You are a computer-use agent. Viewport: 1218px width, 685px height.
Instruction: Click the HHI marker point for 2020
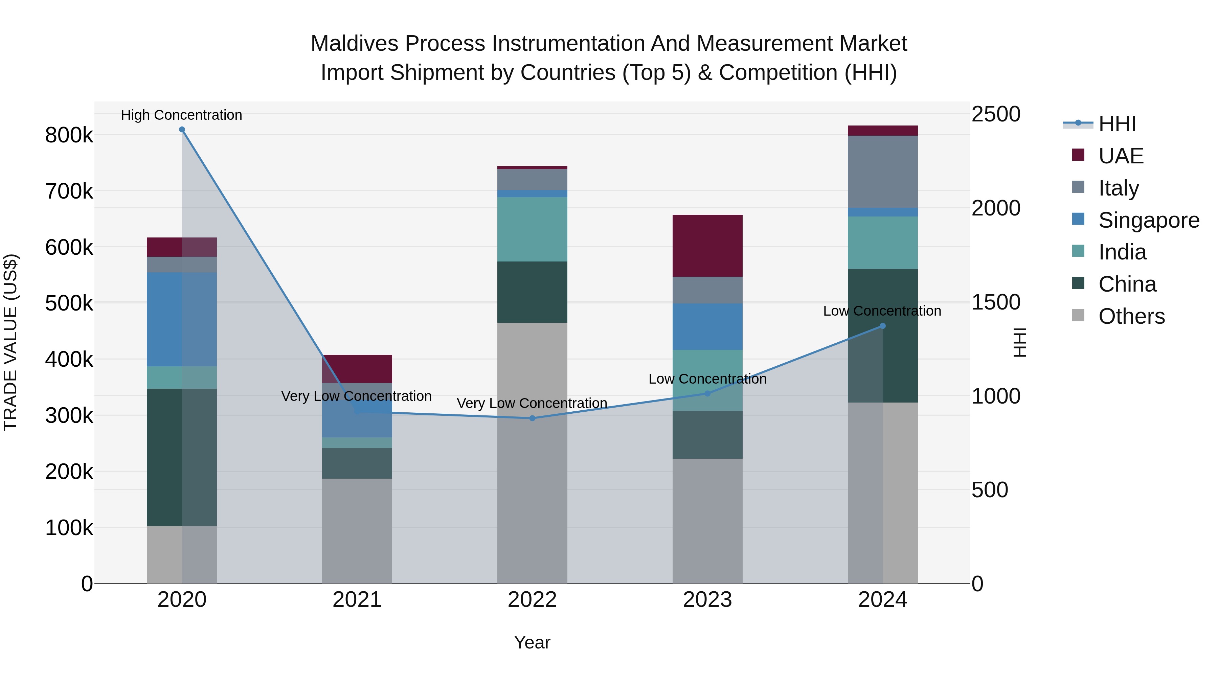point(182,130)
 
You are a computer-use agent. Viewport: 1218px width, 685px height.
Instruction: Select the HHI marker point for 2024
point(882,326)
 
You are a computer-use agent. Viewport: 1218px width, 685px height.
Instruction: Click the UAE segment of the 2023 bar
point(707,246)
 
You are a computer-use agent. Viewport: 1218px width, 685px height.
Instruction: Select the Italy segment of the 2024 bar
point(882,172)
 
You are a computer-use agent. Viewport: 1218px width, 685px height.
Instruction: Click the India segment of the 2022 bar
point(533,229)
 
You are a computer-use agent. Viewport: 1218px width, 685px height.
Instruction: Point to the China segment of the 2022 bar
point(533,292)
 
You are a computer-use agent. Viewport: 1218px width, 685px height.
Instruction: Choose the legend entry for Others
point(1131,316)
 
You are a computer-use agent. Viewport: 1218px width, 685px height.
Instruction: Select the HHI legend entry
point(1116,124)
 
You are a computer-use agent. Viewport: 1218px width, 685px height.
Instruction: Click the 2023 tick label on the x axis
point(707,600)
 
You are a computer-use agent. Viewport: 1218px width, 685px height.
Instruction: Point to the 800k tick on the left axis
point(69,136)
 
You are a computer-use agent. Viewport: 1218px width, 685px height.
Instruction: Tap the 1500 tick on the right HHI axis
point(996,302)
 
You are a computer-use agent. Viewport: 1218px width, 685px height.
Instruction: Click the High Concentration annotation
point(182,115)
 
